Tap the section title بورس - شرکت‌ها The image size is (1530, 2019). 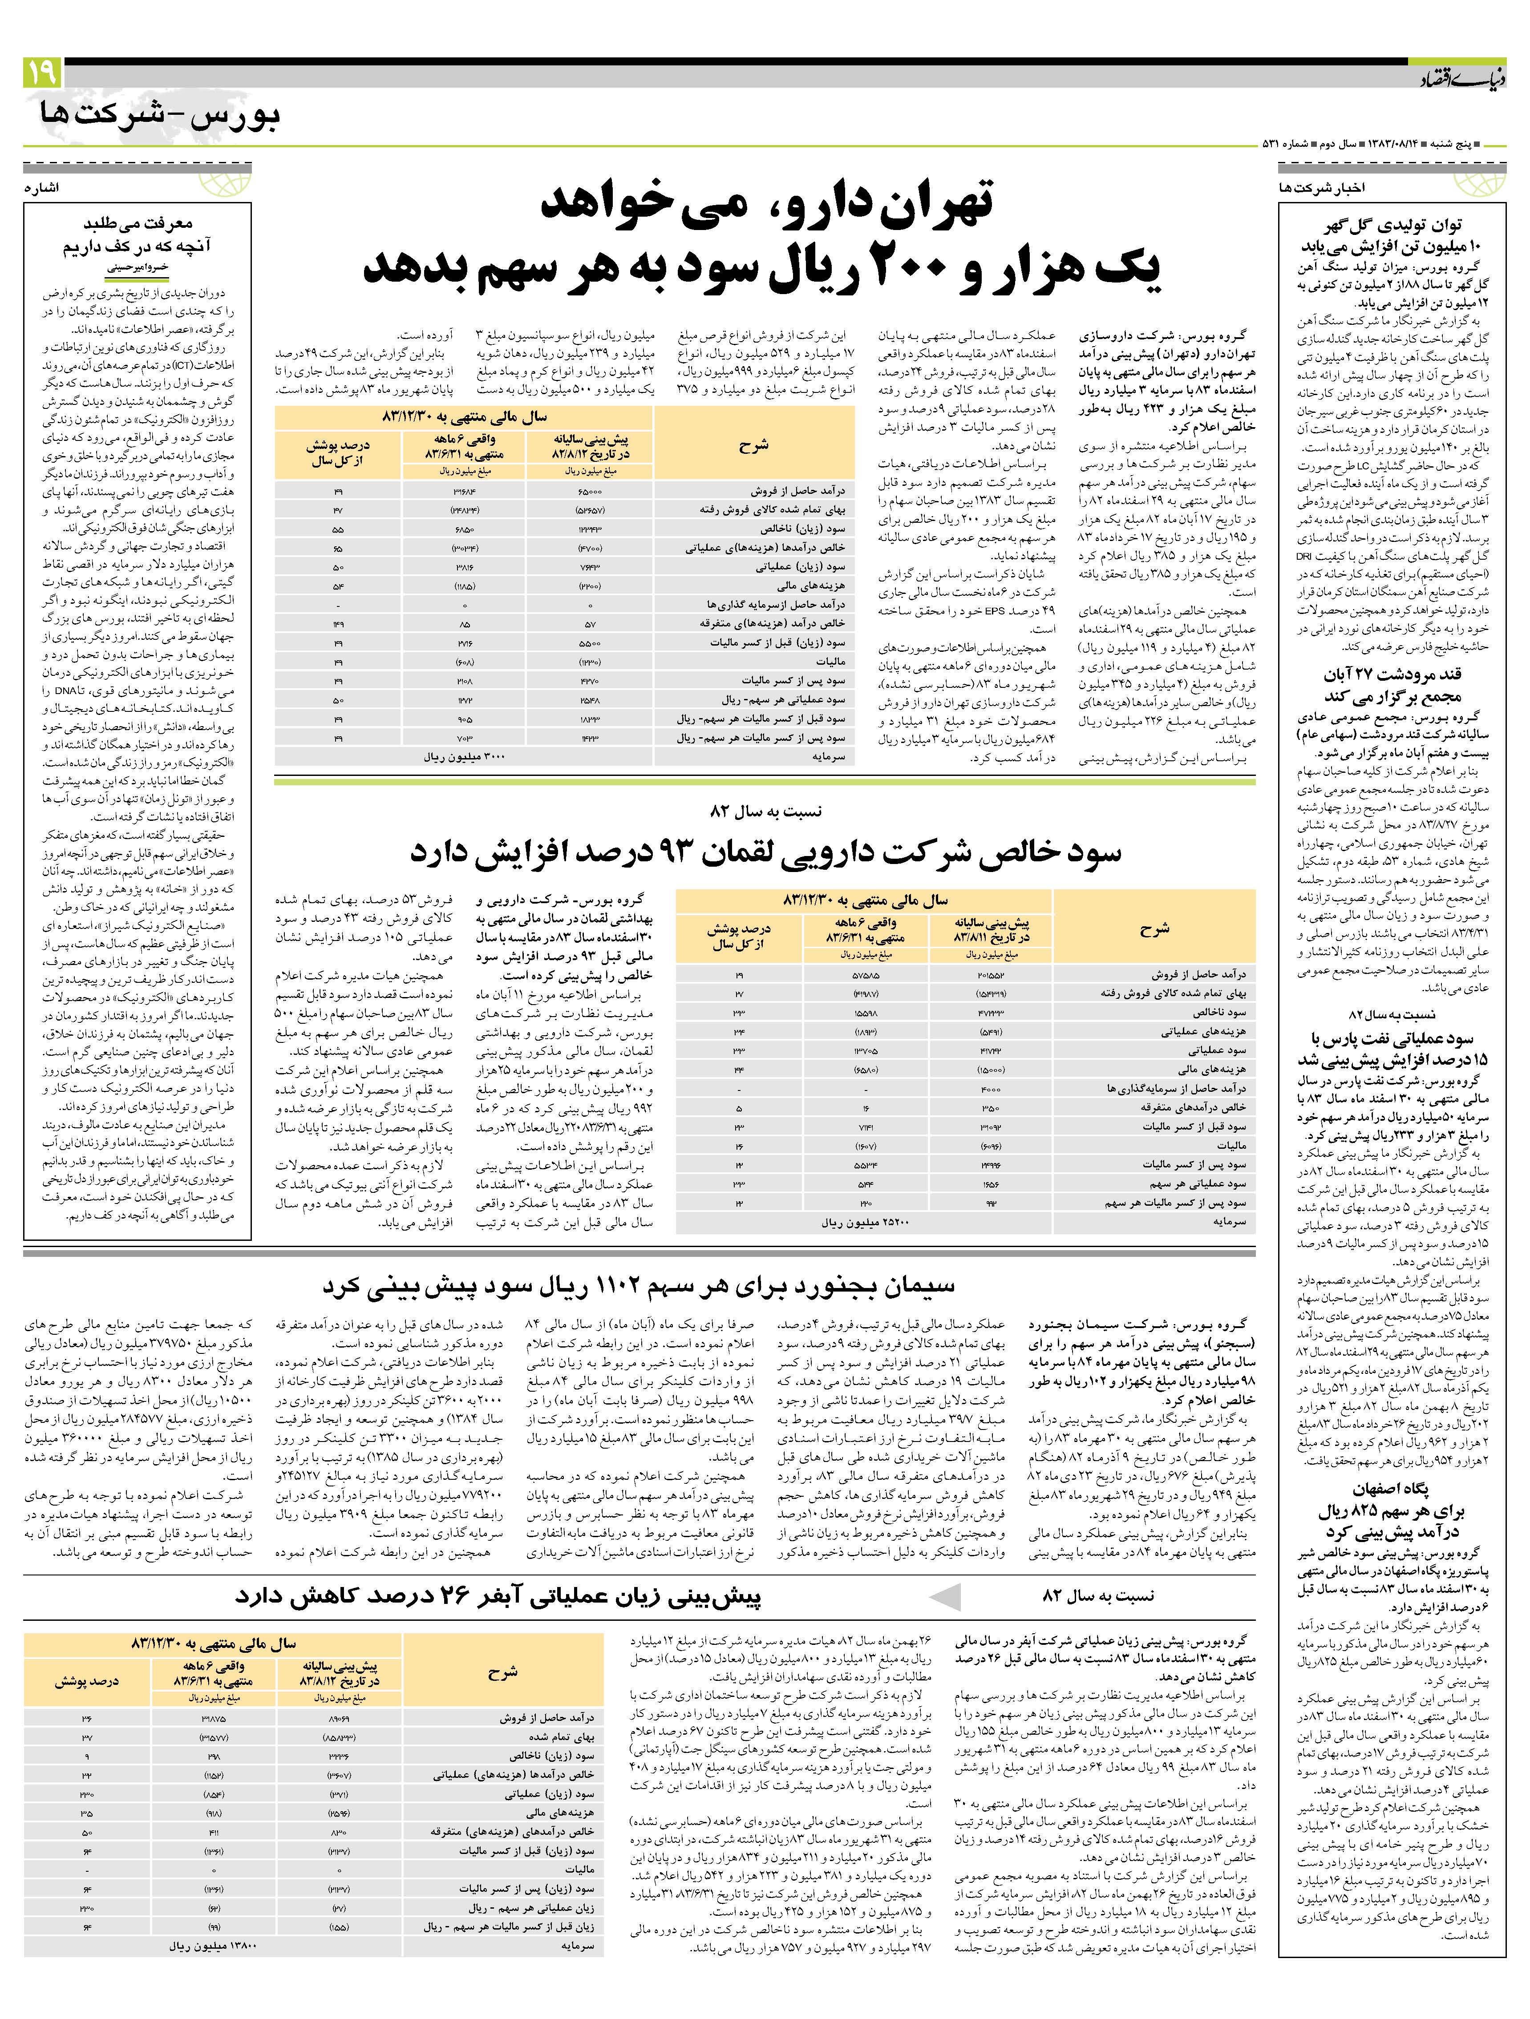[160, 114]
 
